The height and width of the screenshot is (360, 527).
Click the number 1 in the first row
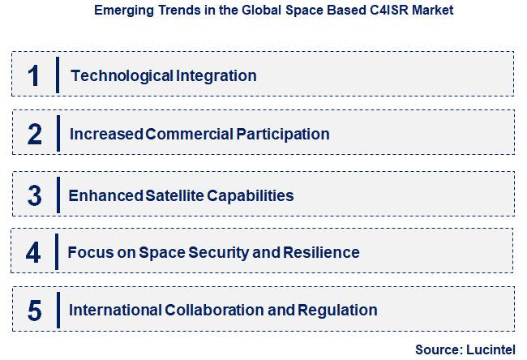click(x=33, y=75)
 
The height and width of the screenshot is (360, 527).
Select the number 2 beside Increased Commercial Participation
click(x=34, y=134)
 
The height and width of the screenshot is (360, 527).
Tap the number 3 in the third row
click(x=34, y=195)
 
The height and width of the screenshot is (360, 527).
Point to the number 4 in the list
click(x=33, y=252)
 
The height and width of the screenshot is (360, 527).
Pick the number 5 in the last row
click(x=34, y=310)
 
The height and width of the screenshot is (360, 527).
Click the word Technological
click(x=122, y=75)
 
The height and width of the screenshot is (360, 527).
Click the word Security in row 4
click(x=221, y=252)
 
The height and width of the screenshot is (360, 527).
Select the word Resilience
click(x=319, y=252)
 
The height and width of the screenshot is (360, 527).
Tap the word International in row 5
click(x=116, y=310)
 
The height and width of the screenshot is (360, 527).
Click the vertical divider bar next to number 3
click(x=58, y=195)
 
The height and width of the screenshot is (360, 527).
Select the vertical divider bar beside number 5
click(x=58, y=310)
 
